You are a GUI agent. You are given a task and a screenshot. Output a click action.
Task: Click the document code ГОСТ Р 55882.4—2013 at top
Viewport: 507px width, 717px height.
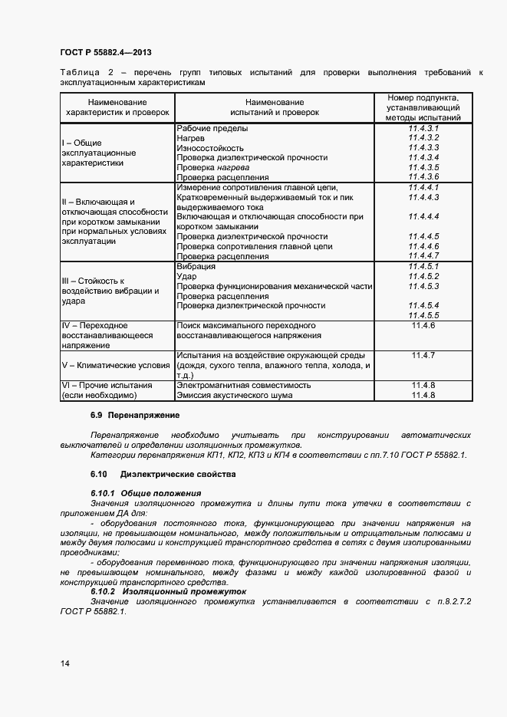pos(105,52)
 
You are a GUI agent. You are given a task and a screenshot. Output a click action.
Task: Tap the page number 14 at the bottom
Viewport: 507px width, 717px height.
pos(64,663)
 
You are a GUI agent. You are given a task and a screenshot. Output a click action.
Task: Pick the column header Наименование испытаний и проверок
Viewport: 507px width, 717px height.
pos(274,107)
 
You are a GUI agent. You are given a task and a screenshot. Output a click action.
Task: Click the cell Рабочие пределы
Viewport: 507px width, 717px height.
pos(212,128)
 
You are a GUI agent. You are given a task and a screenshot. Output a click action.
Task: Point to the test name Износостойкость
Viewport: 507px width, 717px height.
pos(210,148)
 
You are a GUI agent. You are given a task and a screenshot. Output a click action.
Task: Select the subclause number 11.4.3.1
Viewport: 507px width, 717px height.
pos(423,128)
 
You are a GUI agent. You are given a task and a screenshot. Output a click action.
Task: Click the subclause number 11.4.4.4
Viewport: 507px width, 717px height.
pos(423,217)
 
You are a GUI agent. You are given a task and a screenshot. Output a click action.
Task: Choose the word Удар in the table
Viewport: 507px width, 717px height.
pos(187,276)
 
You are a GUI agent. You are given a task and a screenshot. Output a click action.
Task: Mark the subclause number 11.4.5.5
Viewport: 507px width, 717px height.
pos(423,315)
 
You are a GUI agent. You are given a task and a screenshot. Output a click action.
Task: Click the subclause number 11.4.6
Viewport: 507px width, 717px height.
pos(423,326)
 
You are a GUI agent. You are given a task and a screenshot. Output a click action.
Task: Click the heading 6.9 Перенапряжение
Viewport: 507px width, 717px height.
pos(135,415)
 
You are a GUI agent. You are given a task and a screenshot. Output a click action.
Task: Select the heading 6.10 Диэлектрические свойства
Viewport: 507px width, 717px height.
pos(163,474)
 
